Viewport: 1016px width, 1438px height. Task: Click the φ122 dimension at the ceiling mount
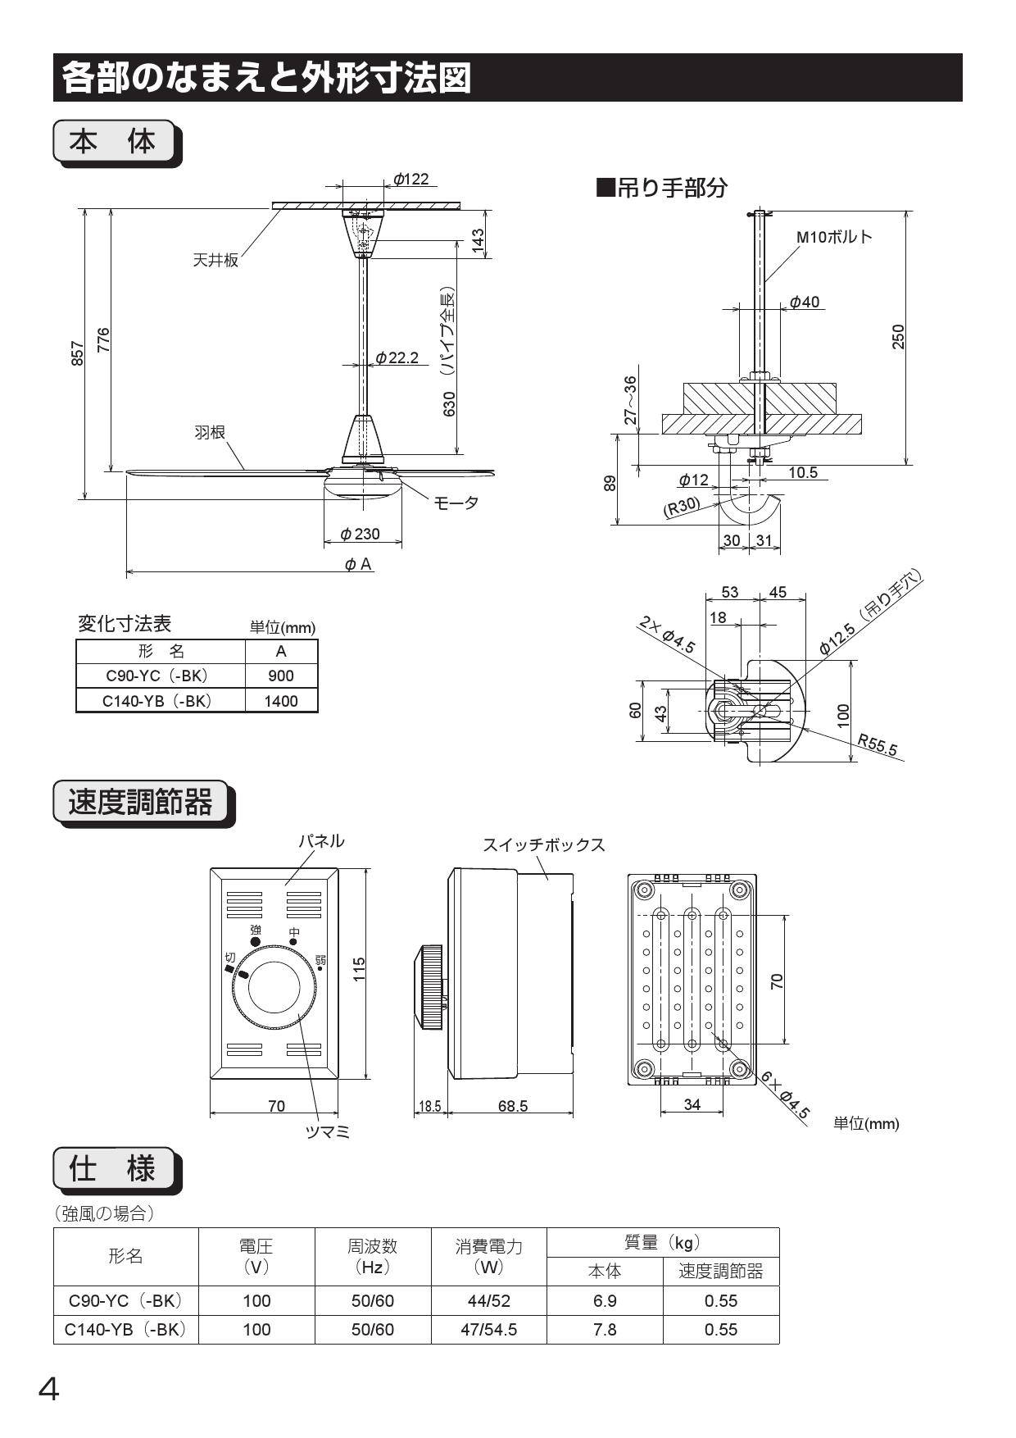coord(410,179)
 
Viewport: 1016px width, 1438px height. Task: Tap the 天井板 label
coord(215,261)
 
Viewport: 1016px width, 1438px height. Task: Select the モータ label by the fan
coord(456,503)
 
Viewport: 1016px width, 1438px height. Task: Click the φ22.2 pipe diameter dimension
coord(397,357)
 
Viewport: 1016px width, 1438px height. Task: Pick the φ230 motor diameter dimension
coord(361,534)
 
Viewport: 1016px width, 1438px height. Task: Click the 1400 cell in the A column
coord(281,701)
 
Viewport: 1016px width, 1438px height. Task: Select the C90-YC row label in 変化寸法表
coord(157,676)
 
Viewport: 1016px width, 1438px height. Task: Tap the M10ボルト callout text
coord(834,237)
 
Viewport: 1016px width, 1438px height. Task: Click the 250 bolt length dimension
coord(898,336)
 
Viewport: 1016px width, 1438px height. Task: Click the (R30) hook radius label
coord(682,507)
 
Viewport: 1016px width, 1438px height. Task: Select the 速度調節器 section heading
coord(140,802)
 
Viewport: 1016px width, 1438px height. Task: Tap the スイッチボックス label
coord(543,844)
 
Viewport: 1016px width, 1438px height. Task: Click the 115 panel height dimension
coord(359,968)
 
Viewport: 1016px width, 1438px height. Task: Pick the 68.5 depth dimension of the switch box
coord(513,1106)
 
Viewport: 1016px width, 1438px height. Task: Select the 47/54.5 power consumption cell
coord(488,1330)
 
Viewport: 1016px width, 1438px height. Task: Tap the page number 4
coord(49,1390)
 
